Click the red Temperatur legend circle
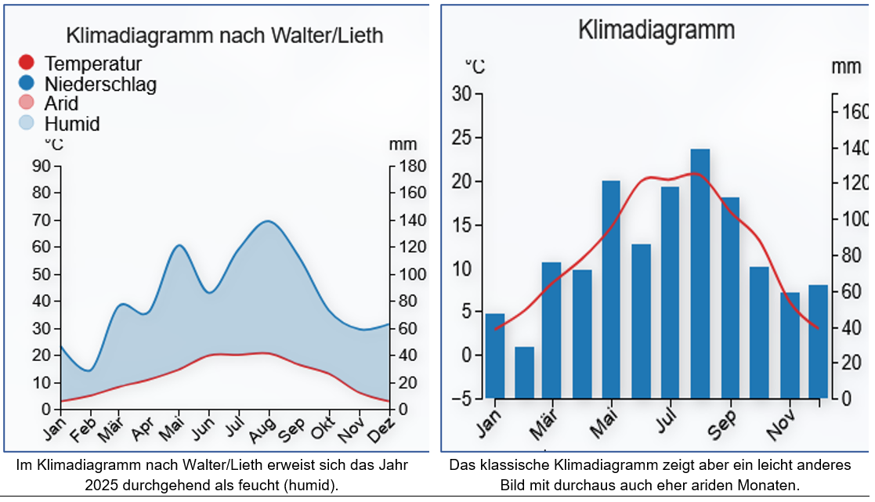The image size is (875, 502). point(27,63)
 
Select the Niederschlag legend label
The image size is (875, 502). point(100,84)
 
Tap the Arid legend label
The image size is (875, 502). point(62,103)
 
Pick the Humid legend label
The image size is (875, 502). point(72,124)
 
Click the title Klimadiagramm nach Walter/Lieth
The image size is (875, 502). point(225,36)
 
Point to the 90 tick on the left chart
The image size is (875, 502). point(42,166)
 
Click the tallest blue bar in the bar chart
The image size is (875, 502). point(700,273)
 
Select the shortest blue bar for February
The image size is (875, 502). point(524,372)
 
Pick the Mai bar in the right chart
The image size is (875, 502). point(611,289)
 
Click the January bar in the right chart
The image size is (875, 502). point(495,356)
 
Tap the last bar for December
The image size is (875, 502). point(818,341)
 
